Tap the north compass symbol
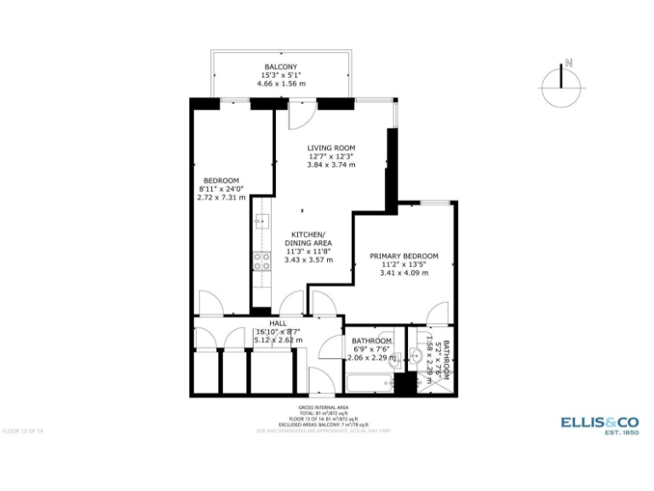click(x=561, y=86)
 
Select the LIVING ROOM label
click(x=331, y=147)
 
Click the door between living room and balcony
click(x=302, y=114)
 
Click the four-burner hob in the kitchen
click(x=261, y=261)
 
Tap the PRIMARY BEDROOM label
click(x=404, y=256)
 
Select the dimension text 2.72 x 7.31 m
click(x=221, y=197)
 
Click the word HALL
click(x=278, y=324)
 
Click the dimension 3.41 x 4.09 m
click(x=404, y=273)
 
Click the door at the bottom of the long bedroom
click(x=211, y=303)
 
